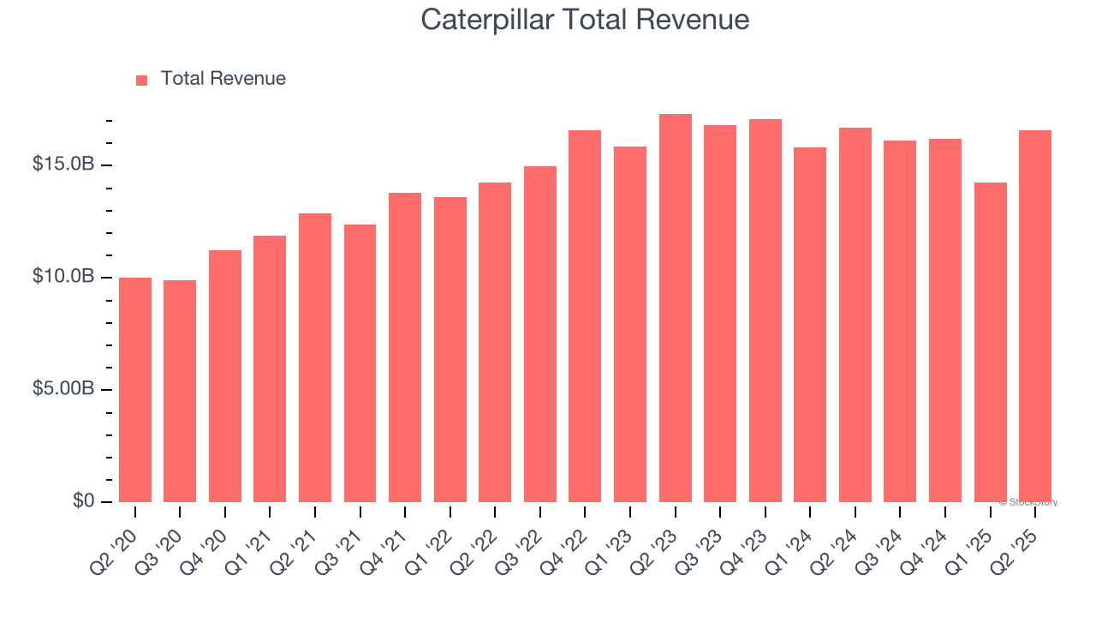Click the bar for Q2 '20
pos(135,390)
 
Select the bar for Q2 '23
pos(676,308)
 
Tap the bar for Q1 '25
pos(991,343)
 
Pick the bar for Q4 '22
pos(585,316)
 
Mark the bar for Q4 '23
pos(765,311)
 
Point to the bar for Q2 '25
pos(1035,316)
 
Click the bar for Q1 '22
pos(450,350)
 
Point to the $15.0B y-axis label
pos(63,164)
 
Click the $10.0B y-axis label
pos(63,277)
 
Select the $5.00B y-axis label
pos(63,389)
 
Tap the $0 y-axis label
pos(83,501)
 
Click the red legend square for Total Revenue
pos(142,80)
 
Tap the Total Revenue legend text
pos(223,79)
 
